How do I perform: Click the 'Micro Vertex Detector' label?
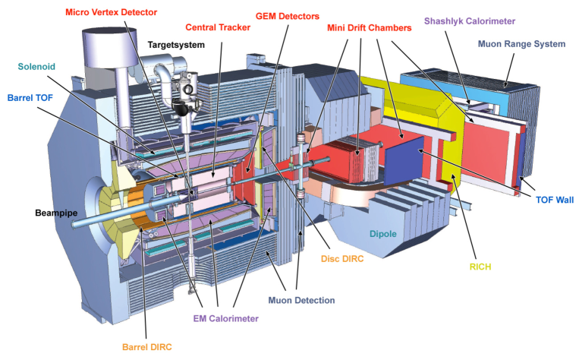[x=112, y=12]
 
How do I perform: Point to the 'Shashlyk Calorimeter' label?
[x=470, y=20]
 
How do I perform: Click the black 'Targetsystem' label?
[x=176, y=45]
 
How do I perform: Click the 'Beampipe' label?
[x=56, y=213]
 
